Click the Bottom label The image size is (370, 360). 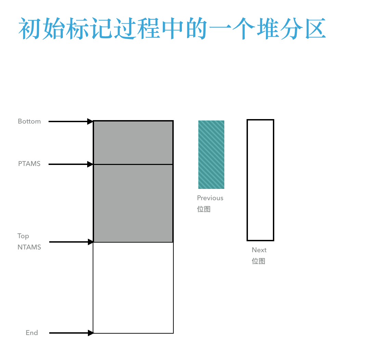(x=29, y=121)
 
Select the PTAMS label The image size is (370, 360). (x=29, y=164)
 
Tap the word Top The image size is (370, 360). (x=23, y=236)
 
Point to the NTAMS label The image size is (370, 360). (x=29, y=247)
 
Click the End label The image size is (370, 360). (x=32, y=333)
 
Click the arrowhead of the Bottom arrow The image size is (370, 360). (x=90, y=121)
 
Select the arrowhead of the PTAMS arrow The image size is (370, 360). (x=90, y=164)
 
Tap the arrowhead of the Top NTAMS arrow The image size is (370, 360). (x=91, y=242)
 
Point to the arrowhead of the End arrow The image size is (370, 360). (x=91, y=333)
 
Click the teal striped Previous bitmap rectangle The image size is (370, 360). (x=211, y=155)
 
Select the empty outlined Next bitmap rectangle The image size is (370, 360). (x=247, y=180)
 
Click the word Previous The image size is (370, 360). (x=210, y=198)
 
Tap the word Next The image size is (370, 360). (x=259, y=250)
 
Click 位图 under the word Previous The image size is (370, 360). (x=204, y=209)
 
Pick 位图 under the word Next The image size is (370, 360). (x=259, y=261)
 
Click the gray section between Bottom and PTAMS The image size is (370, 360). (x=133, y=143)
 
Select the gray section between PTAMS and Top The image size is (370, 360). (x=133, y=203)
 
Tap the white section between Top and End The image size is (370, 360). (x=133, y=288)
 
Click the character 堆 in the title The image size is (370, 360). (x=268, y=28)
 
